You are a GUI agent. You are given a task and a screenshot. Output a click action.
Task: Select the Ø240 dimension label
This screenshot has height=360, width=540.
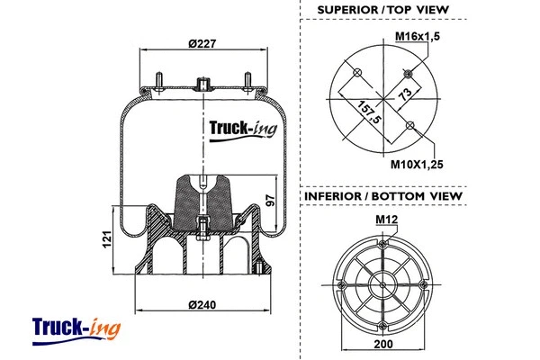[x=203, y=304]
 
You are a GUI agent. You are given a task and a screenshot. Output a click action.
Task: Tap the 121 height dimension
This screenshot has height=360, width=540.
[x=105, y=240]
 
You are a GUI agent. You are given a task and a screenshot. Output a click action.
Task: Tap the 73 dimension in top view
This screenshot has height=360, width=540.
[x=404, y=94]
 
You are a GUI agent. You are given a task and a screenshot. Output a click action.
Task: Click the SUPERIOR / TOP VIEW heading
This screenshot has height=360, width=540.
[x=382, y=11]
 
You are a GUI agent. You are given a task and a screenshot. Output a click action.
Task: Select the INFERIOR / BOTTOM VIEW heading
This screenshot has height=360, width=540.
[x=382, y=195]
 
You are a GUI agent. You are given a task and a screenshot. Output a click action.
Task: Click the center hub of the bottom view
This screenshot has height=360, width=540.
[x=382, y=286]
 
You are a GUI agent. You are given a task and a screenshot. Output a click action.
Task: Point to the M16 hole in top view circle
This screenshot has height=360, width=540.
[x=408, y=73]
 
